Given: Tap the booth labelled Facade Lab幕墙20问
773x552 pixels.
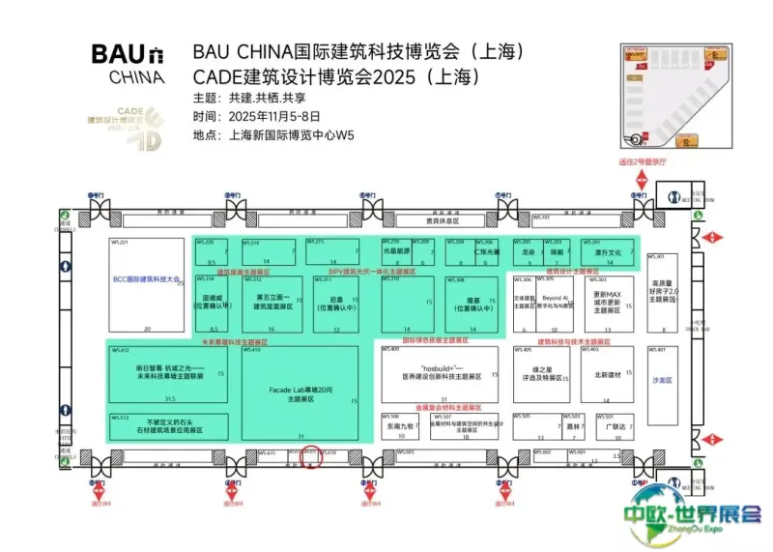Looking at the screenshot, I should click(300, 392).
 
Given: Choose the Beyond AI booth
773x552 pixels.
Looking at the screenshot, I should click(556, 301).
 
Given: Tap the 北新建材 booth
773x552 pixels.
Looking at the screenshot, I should click(606, 374).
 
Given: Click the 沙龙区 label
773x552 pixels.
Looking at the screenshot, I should click(660, 380).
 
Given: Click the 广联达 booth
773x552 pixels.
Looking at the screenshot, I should click(616, 425).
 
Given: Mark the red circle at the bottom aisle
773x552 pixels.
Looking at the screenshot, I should click(312, 456).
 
